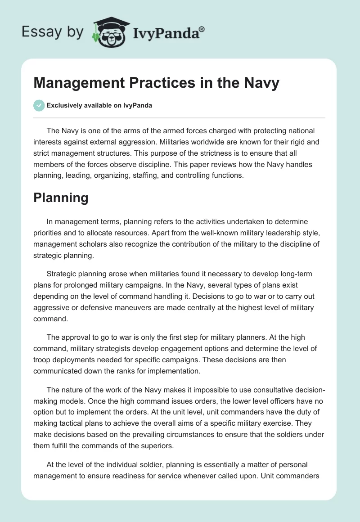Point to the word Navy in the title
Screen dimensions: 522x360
[263, 83]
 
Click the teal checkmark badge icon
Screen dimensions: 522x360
[39, 105]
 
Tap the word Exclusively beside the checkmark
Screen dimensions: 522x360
[64, 106]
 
